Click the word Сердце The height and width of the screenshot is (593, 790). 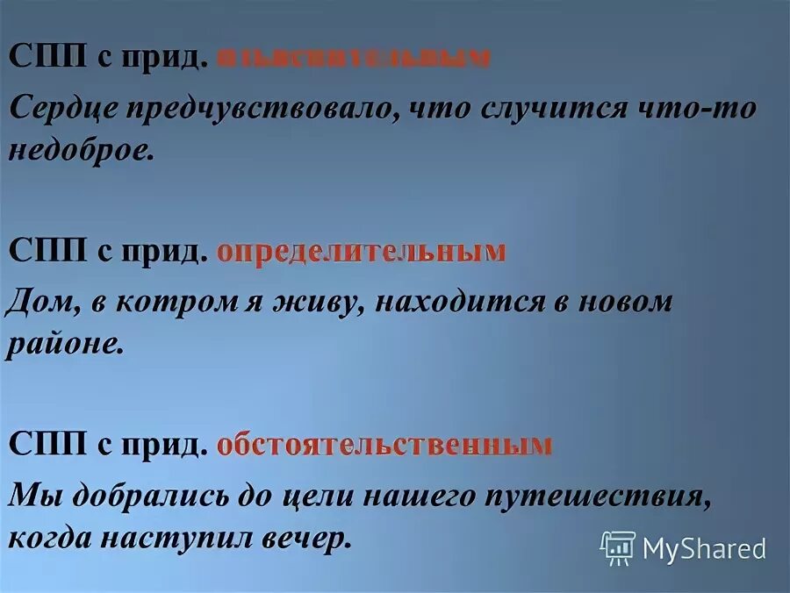pyautogui.click(x=61, y=109)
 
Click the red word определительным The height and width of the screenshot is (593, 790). pyautogui.click(x=361, y=253)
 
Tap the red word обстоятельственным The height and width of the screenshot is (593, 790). pyautogui.click(x=384, y=446)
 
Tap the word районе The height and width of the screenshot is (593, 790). pyautogui.click(x=65, y=344)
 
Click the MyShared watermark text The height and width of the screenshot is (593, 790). pyautogui.click(x=704, y=549)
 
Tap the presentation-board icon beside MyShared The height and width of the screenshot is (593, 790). pyautogui.click(x=617, y=548)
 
